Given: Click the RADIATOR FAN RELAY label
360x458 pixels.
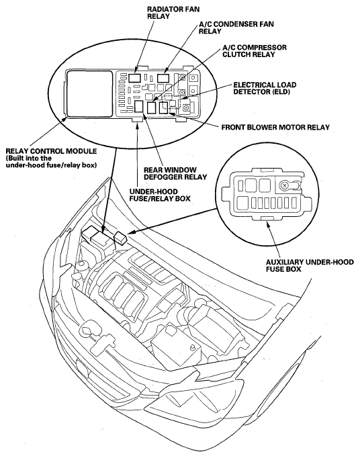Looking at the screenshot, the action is (173, 13).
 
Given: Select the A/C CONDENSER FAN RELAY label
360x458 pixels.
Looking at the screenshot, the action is (236, 28).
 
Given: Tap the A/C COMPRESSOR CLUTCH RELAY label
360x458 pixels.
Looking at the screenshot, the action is (255, 51).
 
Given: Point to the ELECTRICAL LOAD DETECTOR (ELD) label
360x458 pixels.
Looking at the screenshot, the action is (265, 88).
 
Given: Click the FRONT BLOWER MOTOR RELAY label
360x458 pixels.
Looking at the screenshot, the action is (275, 128).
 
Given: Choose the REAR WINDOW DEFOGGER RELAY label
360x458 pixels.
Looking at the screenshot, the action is (175, 173).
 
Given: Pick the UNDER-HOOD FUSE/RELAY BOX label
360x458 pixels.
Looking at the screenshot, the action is (160, 195).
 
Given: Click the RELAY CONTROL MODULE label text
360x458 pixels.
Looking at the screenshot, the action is (51, 151).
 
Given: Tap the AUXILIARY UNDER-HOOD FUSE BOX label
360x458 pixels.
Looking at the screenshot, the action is (310, 265).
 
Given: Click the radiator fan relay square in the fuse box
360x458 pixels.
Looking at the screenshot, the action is (135, 77).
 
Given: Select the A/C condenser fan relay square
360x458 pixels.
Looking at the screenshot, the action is (164, 78).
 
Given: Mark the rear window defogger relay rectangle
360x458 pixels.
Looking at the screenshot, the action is (139, 107).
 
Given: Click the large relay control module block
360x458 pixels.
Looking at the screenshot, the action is (89, 93).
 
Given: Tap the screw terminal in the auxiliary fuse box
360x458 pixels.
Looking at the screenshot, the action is (283, 185).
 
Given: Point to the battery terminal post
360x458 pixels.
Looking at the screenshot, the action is (192, 347).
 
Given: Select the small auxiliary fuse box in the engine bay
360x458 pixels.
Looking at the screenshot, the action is (121, 237).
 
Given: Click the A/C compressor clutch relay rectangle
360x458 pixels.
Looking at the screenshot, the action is (152, 107).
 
